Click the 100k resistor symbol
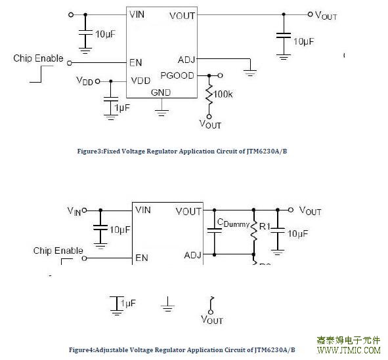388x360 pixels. (209, 94)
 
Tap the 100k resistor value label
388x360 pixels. (223, 94)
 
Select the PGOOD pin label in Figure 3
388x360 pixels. (177, 75)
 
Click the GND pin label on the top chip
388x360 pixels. (161, 92)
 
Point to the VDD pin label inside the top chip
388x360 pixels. (140, 81)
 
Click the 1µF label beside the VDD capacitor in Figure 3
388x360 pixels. (122, 108)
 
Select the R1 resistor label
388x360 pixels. (265, 226)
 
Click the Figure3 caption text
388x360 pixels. (182, 151)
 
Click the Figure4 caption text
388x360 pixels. (182, 350)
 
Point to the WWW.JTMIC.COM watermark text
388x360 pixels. (349, 350)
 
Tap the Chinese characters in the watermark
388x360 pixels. (349, 340)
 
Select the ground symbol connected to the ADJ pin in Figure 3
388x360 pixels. (250, 73)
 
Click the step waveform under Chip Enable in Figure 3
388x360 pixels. (41, 74)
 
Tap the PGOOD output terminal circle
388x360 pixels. (220, 75)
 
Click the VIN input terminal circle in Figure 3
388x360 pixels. (71, 15)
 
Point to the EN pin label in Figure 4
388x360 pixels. (142, 258)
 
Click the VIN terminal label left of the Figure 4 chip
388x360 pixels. (74, 211)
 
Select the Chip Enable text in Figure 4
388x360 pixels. (58, 250)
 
